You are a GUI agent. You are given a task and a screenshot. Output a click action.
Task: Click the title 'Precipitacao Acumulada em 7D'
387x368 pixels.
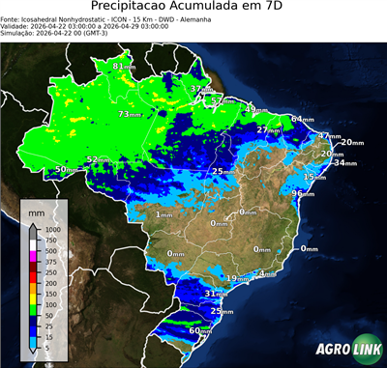(x=193, y=8)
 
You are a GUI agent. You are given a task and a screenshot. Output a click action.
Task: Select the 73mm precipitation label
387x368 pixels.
(x=129, y=114)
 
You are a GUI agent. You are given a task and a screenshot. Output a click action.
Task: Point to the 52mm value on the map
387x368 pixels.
(x=98, y=159)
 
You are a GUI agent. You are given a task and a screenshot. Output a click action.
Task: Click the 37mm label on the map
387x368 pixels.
(x=199, y=89)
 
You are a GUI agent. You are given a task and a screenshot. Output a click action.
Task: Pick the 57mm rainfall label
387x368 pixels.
(x=223, y=100)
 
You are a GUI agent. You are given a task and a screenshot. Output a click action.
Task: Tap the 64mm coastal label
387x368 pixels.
(x=303, y=119)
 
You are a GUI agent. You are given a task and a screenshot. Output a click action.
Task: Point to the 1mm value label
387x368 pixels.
(x=164, y=214)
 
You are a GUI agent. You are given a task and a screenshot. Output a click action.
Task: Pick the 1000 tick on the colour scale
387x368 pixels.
(x=52, y=229)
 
